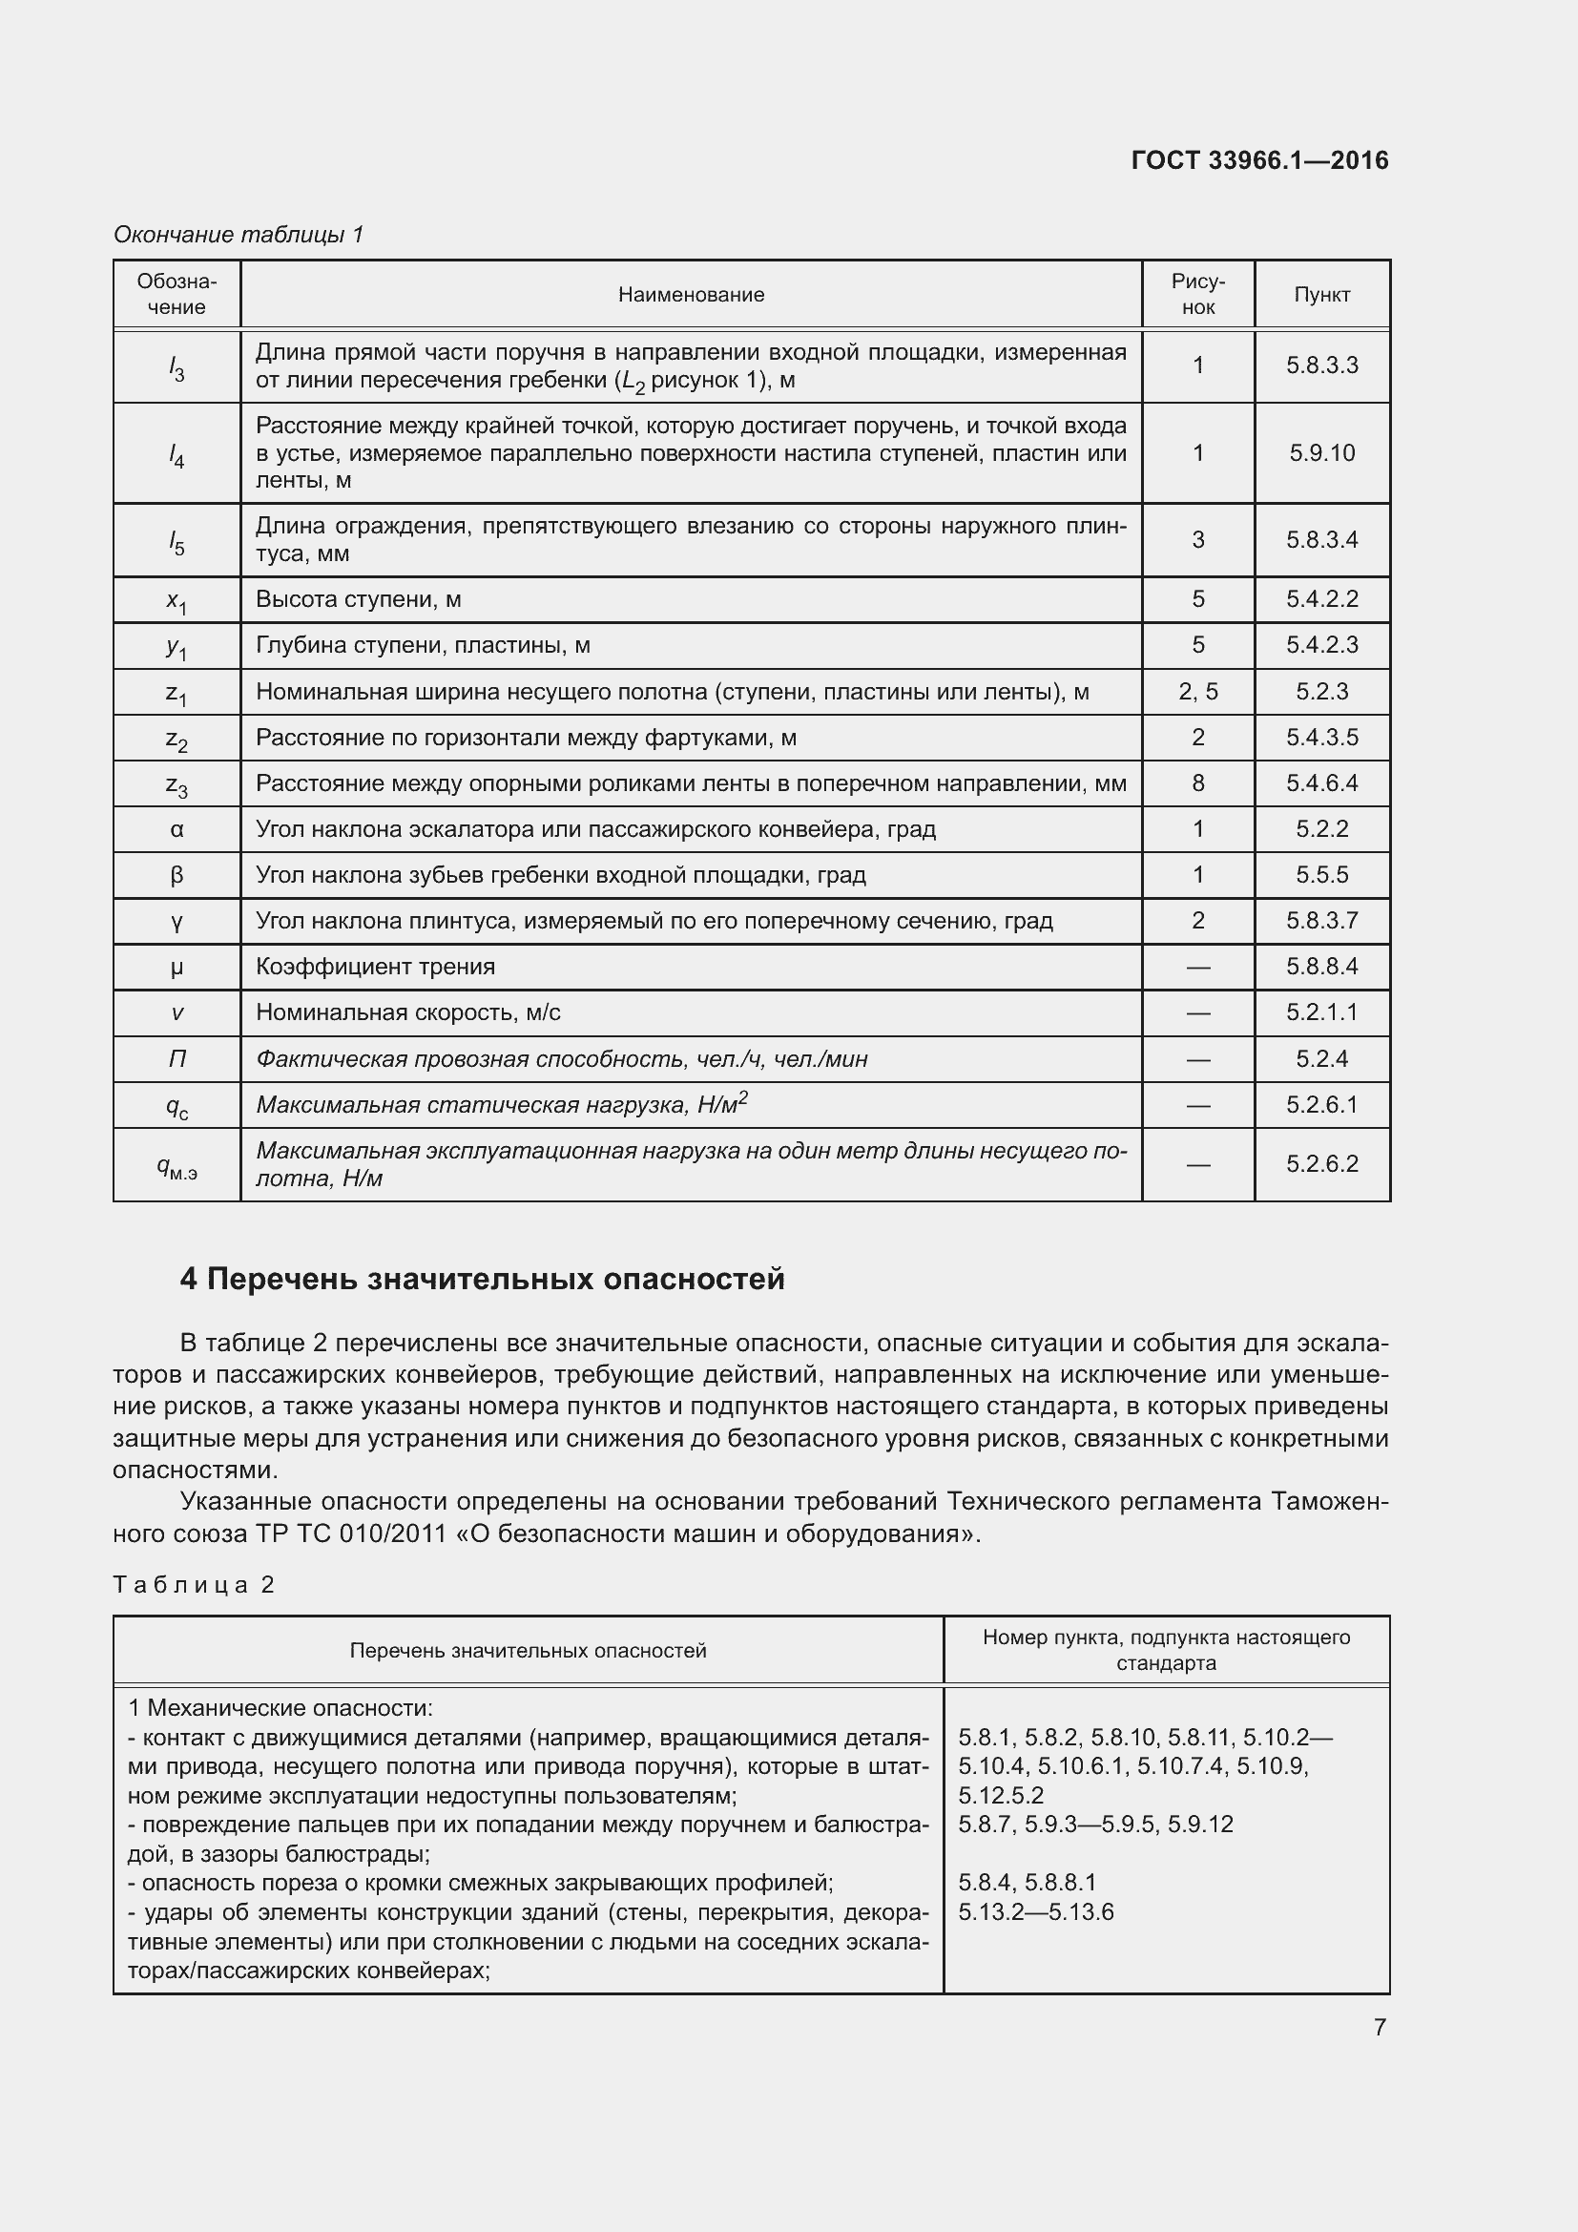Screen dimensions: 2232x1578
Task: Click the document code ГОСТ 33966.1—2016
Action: (x=1259, y=160)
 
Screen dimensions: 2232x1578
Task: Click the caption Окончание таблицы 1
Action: (x=239, y=235)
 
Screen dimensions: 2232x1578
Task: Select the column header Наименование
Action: (x=691, y=295)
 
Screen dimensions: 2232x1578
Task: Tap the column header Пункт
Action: (x=1321, y=295)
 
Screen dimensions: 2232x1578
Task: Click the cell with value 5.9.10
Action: (x=1321, y=453)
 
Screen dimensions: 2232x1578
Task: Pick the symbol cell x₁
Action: (x=176, y=601)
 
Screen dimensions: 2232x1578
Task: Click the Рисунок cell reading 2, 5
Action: (x=1197, y=691)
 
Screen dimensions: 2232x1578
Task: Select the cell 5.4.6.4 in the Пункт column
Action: (x=1321, y=783)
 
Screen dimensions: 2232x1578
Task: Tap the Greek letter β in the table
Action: (x=176, y=875)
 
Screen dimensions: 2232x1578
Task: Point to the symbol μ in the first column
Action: (x=176, y=968)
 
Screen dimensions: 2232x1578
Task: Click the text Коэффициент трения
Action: (x=375, y=968)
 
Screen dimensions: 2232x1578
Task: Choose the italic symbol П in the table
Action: (x=176, y=1059)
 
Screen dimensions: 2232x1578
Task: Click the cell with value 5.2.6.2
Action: (x=1321, y=1163)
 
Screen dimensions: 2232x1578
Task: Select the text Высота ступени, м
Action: (x=358, y=600)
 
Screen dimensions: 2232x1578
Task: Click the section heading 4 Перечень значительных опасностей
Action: (x=482, y=1279)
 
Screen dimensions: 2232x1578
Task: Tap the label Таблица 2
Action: (x=194, y=1585)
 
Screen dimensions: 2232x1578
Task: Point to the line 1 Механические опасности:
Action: (x=280, y=1708)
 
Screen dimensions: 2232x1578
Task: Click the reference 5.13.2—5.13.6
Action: (x=1036, y=1912)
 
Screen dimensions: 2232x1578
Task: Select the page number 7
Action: (x=1379, y=2027)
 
